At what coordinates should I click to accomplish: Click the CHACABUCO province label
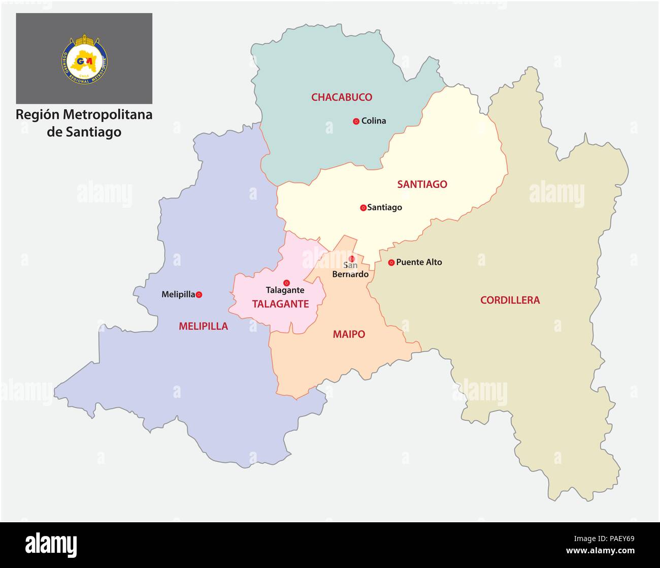pos(341,97)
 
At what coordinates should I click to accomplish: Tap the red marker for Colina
pos(356,121)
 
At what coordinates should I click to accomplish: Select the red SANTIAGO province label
pos(422,184)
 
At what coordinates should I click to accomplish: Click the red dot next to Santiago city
pos(363,207)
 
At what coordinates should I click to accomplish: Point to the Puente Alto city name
pos(419,262)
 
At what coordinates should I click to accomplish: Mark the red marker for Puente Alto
pos(391,263)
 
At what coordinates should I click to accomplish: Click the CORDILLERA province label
pos(510,300)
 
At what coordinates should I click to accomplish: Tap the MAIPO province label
pos(349,334)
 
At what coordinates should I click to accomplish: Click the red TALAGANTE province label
pos(280,304)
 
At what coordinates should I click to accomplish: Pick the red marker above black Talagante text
pos(286,282)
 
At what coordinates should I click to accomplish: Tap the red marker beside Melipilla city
pos(199,294)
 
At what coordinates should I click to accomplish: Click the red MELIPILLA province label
pos(203,326)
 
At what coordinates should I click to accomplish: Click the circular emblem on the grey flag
pos(85,59)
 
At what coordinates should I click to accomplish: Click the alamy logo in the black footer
pos(51,545)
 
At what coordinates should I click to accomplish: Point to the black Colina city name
pos(374,121)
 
